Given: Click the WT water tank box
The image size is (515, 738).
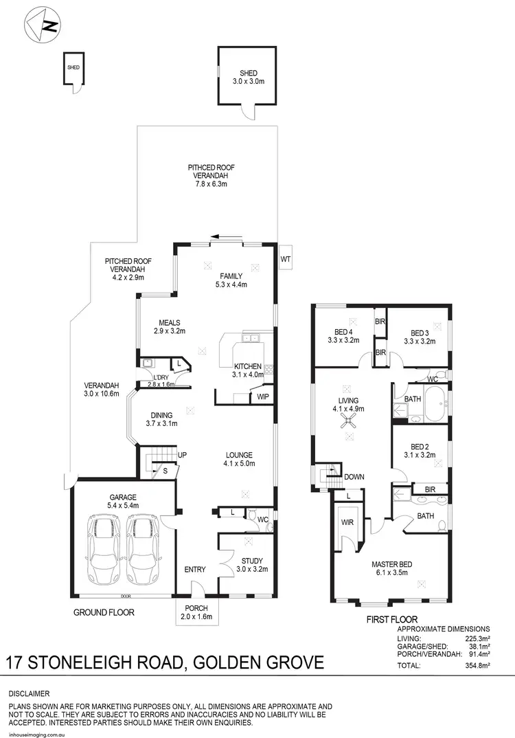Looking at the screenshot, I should [286, 258].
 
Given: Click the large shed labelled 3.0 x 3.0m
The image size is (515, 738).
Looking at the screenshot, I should [248, 77].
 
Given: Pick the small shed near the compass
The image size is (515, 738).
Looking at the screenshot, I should [72, 68].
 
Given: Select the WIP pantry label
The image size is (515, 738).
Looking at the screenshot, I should [262, 397].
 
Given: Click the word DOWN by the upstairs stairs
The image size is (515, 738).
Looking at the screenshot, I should [354, 477].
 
